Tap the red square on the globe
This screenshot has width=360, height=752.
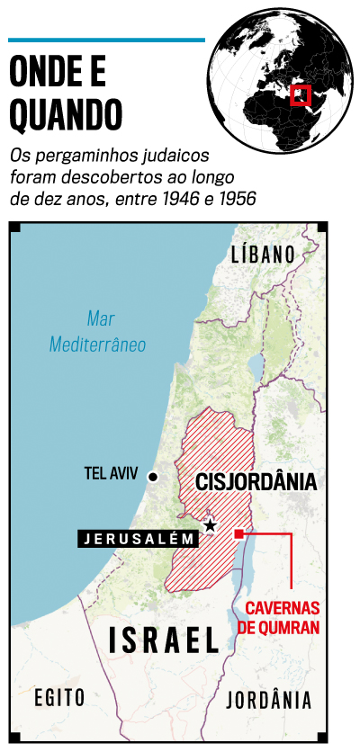pyautogui.click(x=301, y=95)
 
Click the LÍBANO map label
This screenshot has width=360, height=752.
pyautogui.click(x=263, y=254)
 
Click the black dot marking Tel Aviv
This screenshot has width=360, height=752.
pyautogui.click(x=153, y=477)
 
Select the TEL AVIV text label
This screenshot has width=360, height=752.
pyautogui.click(x=112, y=472)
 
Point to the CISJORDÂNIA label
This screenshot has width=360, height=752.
pyautogui.click(x=256, y=482)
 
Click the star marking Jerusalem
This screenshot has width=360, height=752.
pyautogui.click(x=211, y=524)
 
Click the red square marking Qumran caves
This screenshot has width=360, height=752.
pyautogui.click(x=239, y=534)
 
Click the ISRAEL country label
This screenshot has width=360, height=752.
pyautogui.click(x=165, y=640)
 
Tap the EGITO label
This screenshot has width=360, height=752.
pyautogui.click(x=59, y=697)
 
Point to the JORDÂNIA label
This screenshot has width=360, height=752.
pyautogui.click(x=270, y=699)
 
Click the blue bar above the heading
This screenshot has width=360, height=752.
pyautogui.click(x=106, y=40)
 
